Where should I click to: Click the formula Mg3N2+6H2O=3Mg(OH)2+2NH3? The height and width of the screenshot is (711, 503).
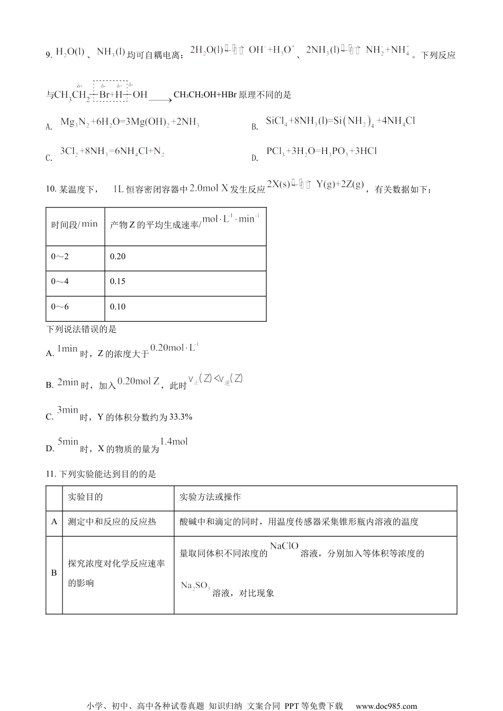(x=130, y=122)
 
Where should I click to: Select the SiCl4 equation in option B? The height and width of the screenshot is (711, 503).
(x=340, y=121)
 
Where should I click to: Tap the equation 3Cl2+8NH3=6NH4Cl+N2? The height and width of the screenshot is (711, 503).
(x=112, y=152)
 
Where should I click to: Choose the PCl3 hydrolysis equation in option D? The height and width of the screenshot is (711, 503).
(x=321, y=151)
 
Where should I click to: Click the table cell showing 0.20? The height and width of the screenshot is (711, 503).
(x=118, y=257)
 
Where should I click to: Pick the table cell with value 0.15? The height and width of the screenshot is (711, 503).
(x=118, y=281)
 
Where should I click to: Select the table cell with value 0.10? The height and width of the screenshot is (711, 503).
(x=118, y=307)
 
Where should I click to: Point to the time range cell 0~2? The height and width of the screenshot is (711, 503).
(x=60, y=257)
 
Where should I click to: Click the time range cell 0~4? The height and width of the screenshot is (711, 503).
(x=60, y=281)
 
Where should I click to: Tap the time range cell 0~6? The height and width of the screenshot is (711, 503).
(x=60, y=307)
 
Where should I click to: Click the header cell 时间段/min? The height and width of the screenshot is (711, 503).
(x=74, y=224)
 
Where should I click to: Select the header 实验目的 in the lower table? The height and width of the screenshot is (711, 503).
(x=85, y=497)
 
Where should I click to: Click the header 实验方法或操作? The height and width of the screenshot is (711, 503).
(x=210, y=497)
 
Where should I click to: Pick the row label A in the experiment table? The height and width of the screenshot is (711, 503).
(x=54, y=522)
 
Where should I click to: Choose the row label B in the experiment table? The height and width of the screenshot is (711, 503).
(x=54, y=573)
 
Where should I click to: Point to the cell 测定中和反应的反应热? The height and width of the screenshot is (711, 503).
(x=112, y=522)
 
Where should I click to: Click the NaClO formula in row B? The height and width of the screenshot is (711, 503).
(x=284, y=546)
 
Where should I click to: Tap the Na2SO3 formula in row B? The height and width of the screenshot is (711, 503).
(x=195, y=586)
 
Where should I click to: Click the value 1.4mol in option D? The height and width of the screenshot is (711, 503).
(x=174, y=441)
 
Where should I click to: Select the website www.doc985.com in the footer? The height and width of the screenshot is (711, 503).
(x=386, y=706)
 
